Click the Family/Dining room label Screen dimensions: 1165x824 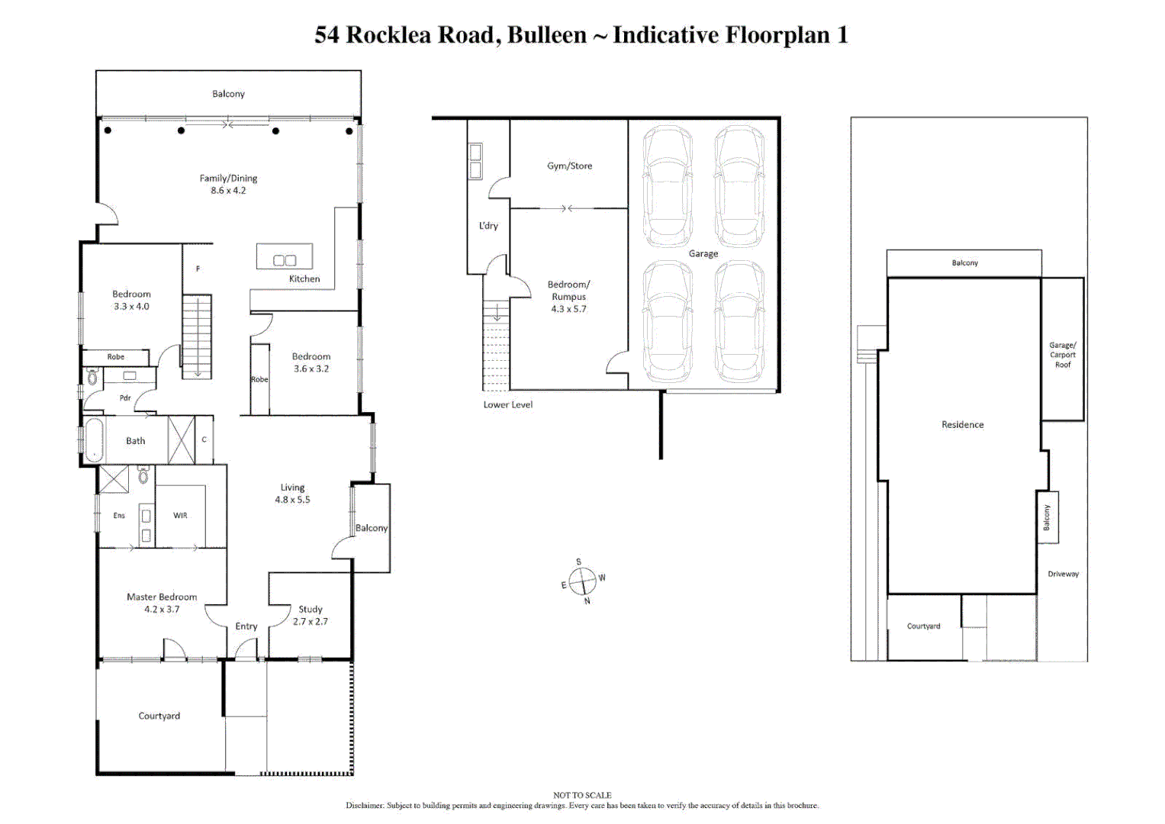pyautogui.click(x=228, y=178)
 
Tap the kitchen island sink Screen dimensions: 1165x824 pyautogui.click(x=285, y=260)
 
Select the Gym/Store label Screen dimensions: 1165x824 pyautogui.click(x=569, y=166)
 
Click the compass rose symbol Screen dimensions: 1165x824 pyautogui.click(x=583, y=581)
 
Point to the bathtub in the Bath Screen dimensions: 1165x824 pyautogui.click(x=94, y=440)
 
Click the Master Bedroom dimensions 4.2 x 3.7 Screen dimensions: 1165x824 pyautogui.click(x=162, y=609)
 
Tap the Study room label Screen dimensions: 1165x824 pyautogui.click(x=311, y=609)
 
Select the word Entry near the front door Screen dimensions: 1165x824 pyautogui.click(x=246, y=626)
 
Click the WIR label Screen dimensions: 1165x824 pyautogui.click(x=181, y=515)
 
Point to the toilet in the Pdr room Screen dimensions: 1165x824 pyautogui.click(x=92, y=377)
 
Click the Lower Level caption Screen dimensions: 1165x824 pyautogui.click(x=508, y=404)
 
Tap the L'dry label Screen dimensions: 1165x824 pyautogui.click(x=488, y=225)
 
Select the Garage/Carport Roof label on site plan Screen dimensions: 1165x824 pyautogui.click(x=1063, y=355)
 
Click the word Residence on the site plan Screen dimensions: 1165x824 pyautogui.click(x=963, y=424)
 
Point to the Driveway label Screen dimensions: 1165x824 pyautogui.click(x=1063, y=574)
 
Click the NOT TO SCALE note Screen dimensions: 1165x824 pyautogui.click(x=582, y=795)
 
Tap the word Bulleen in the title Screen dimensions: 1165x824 pyautogui.click(x=546, y=35)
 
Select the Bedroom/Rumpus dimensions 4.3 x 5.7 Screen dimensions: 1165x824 pyautogui.click(x=569, y=309)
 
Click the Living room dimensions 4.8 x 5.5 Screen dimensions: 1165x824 pyautogui.click(x=292, y=500)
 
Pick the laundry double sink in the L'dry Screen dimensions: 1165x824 pyautogui.click(x=475, y=161)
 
